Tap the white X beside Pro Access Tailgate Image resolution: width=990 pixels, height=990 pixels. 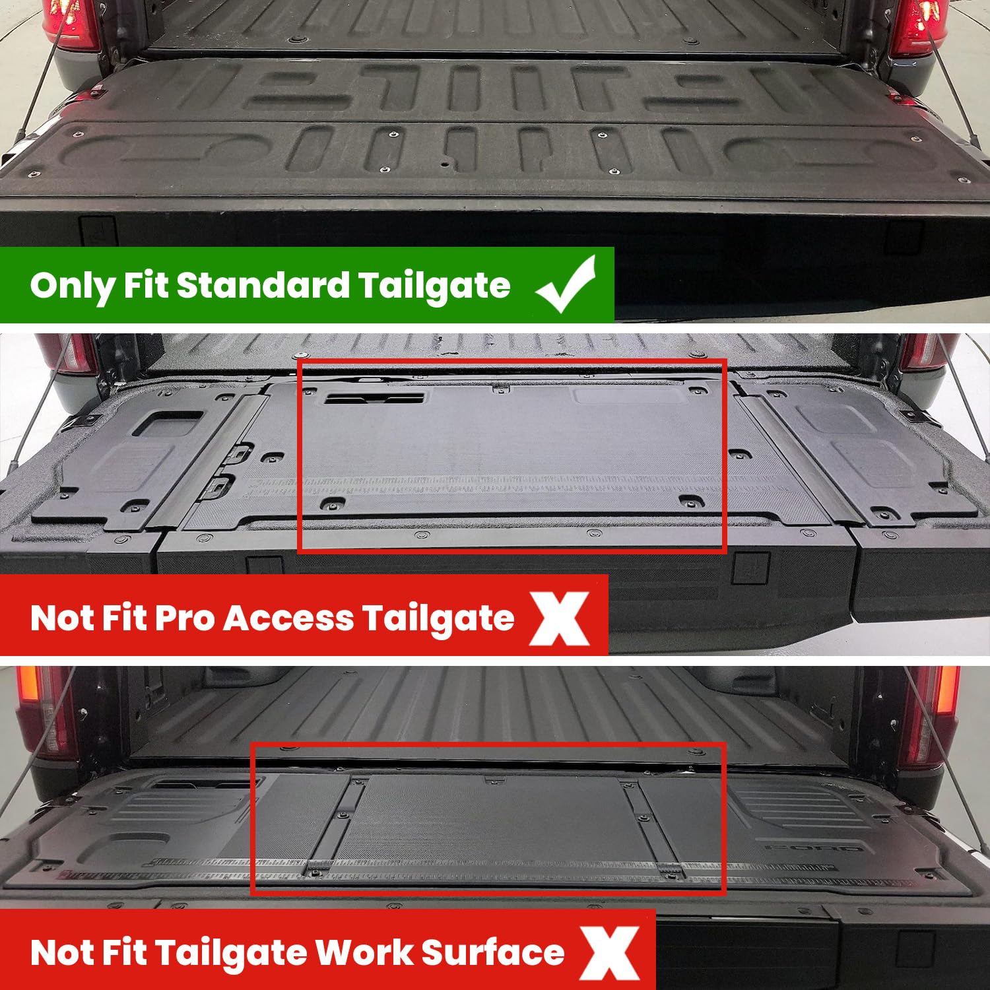pyautogui.click(x=560, y=618)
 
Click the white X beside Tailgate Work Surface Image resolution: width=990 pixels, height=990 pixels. pyautogui.click(x=610, y=952)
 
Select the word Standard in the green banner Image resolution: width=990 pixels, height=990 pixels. pyautogui.click(x=263, y=285)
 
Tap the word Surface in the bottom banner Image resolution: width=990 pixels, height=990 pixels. pyautogui.click(x=492, y=952)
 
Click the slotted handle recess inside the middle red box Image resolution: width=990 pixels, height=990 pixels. pyautogui.click(x=374, y=399)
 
